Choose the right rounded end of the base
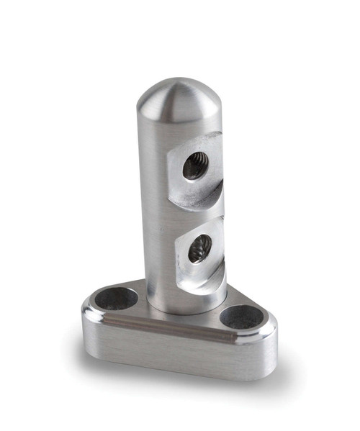270,345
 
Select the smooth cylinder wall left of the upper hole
155,173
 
